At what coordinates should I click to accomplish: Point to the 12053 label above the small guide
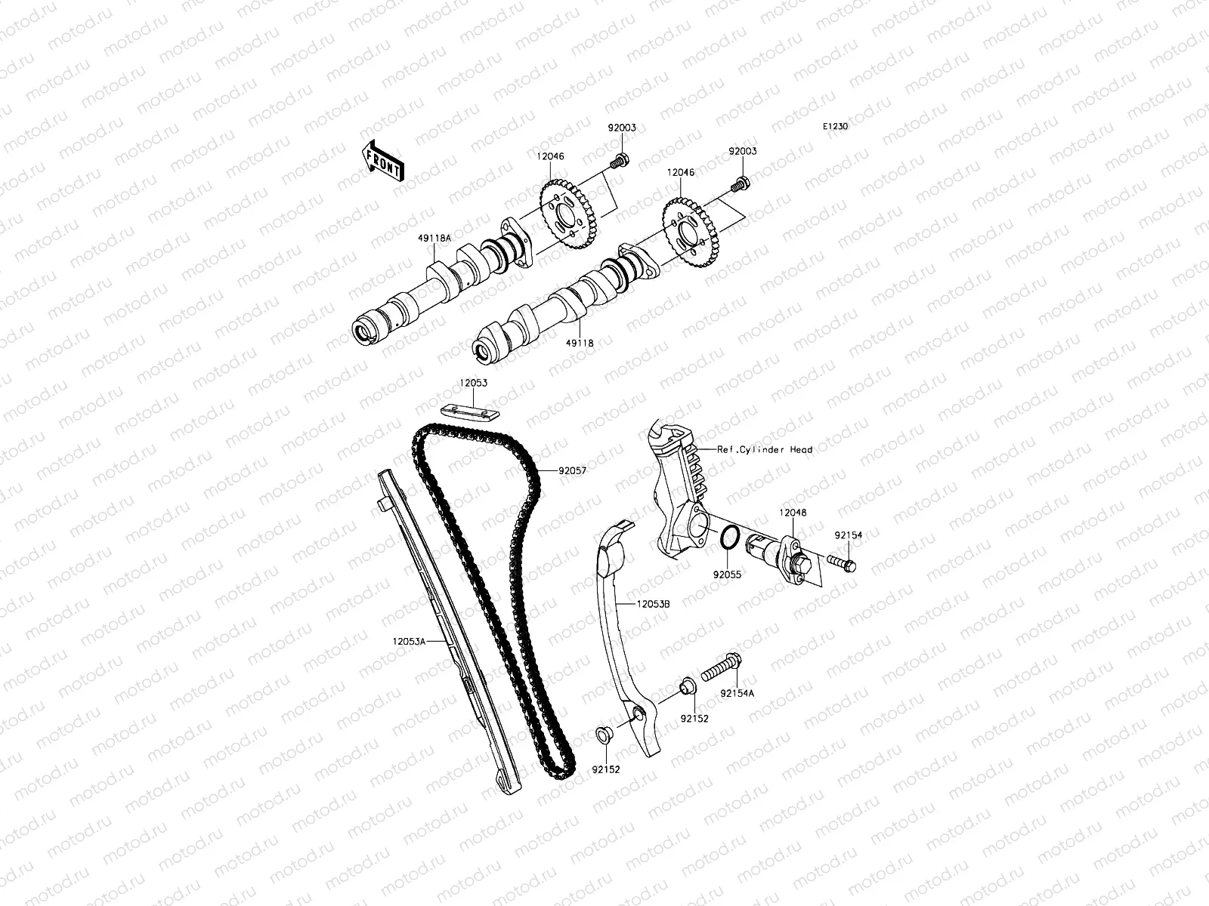472,383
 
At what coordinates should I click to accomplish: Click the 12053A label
409,641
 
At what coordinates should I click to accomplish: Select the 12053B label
653,604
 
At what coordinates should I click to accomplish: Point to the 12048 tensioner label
793,512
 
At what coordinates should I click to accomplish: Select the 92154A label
737,693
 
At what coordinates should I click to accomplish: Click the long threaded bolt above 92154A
722,667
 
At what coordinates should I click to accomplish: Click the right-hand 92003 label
742,151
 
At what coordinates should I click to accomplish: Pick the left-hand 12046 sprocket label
550,156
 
